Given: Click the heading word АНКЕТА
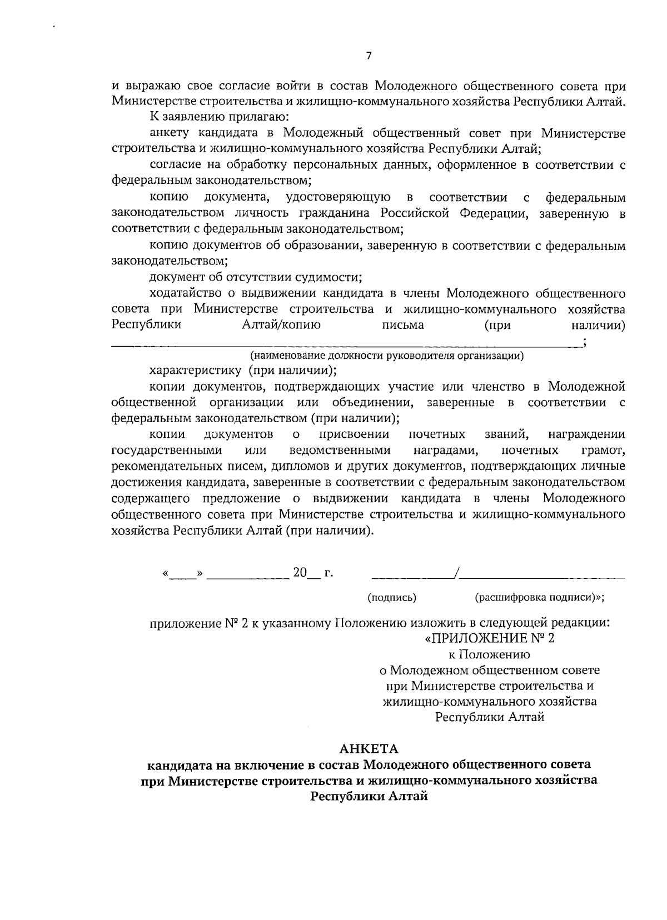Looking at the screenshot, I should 369,750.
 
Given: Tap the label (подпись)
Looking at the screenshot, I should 392,597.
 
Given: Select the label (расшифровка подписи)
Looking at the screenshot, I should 539,597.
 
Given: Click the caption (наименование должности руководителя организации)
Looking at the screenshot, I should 387,356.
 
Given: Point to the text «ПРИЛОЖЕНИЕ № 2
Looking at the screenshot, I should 490,638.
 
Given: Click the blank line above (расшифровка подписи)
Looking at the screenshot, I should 542,577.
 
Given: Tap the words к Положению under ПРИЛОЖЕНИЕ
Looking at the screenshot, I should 489,654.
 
